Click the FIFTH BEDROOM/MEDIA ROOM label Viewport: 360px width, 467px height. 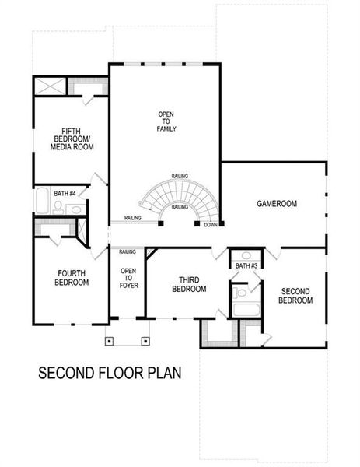tap(68, 139)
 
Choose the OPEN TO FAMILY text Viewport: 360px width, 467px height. tap(166, 121)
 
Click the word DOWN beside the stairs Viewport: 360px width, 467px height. tap(210, 226)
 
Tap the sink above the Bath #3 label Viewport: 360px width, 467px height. tap(246, 255)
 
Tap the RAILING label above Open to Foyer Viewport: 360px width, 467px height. tap(128, 251)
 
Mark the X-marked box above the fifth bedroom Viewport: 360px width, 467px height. tap(51, 86)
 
